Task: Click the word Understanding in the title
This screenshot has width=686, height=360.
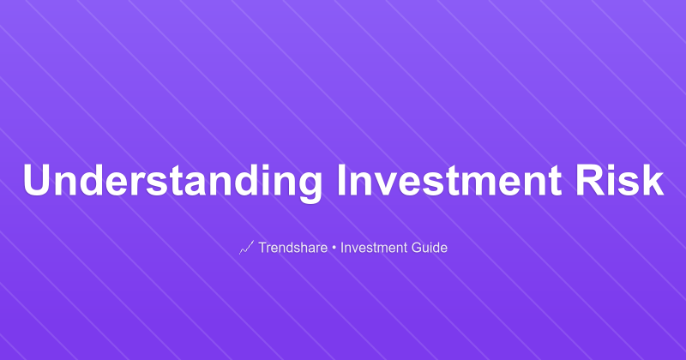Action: pyautogui.click(x=172, y=183)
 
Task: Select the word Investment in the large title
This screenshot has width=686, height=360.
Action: pyautogui.click(x=452, y=181)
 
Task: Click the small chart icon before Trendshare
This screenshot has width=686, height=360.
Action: pyautogui.click(x=246, y=248)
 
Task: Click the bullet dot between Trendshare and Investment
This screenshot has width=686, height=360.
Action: pyautogui.click(x=334, y=249)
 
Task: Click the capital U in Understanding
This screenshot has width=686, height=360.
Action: pyautogui.click(x=37, y=181)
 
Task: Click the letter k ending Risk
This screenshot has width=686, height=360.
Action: pyautogui.click(x=654, y=181)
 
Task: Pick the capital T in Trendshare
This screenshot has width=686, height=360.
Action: pyautogui.click(x=262, y=248)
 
